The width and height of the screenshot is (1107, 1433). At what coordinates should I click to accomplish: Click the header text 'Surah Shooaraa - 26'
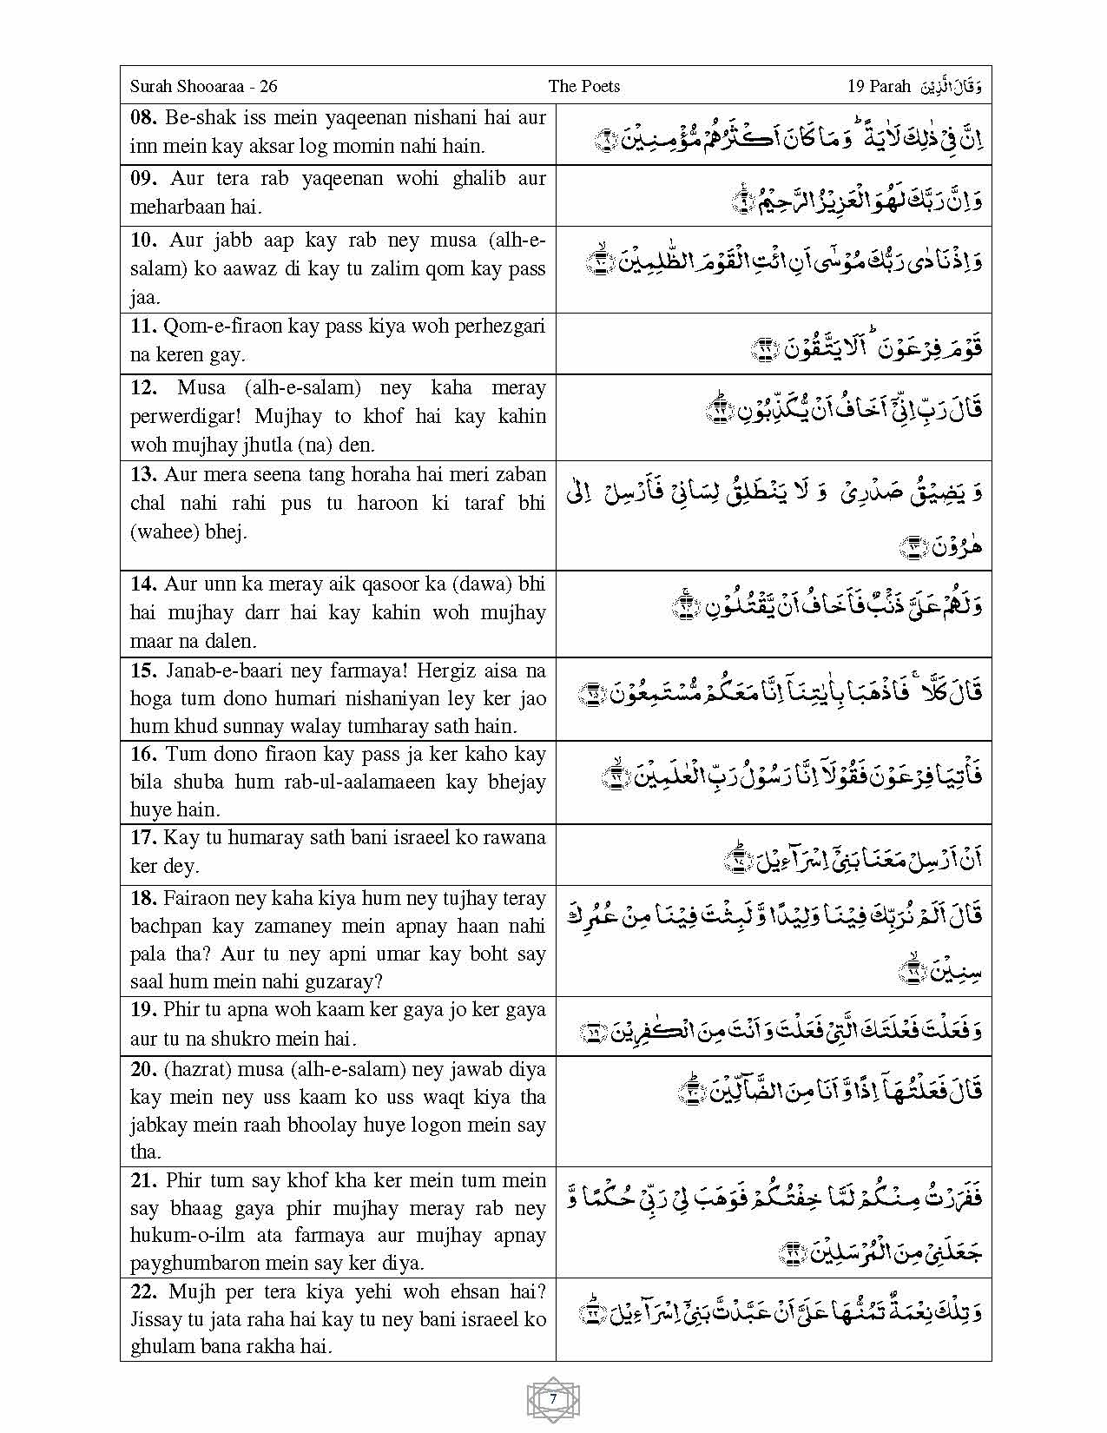point(203,86)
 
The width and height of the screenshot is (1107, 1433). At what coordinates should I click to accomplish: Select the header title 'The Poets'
point(583,86)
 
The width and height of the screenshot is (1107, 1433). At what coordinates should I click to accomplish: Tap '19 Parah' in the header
point(879,86)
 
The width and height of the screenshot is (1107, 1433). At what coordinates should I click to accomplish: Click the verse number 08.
point(143,117)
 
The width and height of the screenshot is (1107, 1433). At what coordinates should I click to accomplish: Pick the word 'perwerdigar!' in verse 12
point(181,416)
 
